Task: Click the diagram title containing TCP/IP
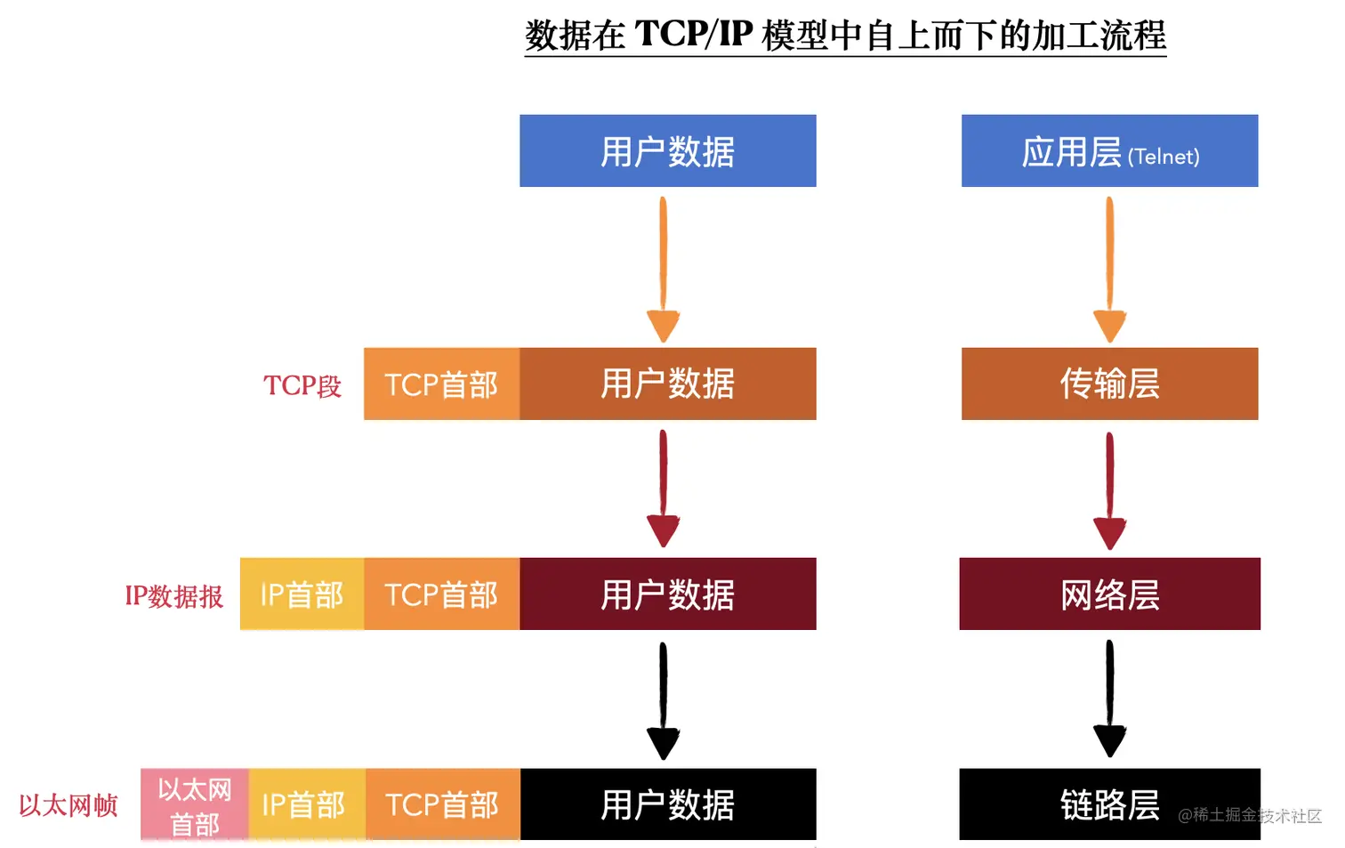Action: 845,36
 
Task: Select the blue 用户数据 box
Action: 667,150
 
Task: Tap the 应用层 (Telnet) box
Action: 1109,150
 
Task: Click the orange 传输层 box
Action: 1109,384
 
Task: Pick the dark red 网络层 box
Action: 1109,594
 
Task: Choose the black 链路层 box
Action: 1109,804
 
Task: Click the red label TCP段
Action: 302,385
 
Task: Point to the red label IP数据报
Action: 174,595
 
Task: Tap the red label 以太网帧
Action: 68,805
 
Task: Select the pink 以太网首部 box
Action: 195,805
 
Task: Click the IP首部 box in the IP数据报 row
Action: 302,594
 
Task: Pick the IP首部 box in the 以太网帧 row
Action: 303,804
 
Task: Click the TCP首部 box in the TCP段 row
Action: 441,384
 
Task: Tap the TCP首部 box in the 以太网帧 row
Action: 442,804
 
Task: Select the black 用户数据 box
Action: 667,804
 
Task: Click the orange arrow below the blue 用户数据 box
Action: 664,267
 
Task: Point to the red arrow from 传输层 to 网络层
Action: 1109,489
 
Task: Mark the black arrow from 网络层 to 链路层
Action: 1109,699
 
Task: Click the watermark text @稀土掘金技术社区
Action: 1250,815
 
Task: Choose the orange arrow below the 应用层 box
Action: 1109,267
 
